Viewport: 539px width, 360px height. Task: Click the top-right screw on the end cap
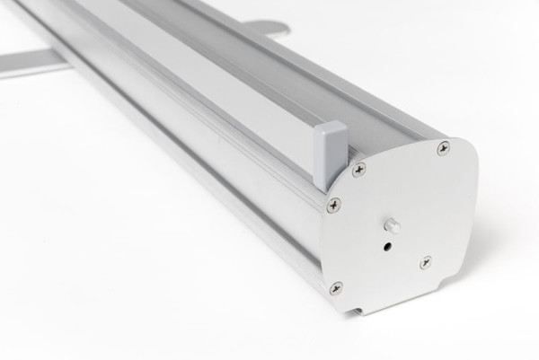point(443,148)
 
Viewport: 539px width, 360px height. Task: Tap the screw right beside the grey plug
point(358,168)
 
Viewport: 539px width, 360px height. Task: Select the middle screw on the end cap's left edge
point(334,205)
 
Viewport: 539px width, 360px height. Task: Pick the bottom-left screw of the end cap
point(336,287)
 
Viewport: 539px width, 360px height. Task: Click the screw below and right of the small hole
point(426,262)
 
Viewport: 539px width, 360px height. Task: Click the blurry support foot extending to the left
point(31,63)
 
